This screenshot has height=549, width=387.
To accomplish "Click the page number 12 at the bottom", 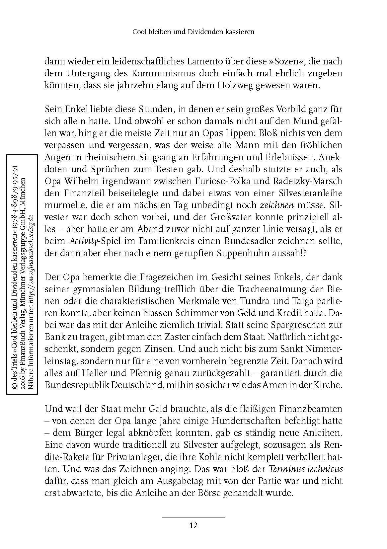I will coord(193,525).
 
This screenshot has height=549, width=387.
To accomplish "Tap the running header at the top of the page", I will coord(193,32).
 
